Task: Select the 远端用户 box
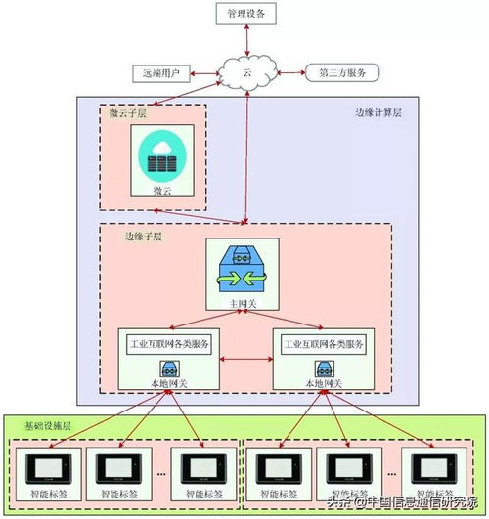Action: pyautogui.click(x=160, y=73)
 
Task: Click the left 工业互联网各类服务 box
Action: pyautogui.click(x=170, y=345)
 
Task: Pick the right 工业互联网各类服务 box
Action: pyautogui.click(x=324, y=345)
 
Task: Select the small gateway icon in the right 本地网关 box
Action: pyautogui.click(x=324, y=369)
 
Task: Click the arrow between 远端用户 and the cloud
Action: pyautogui.click(x=206, y=73)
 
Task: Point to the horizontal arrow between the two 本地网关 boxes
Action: pyautogui.click(x=245, y=363)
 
